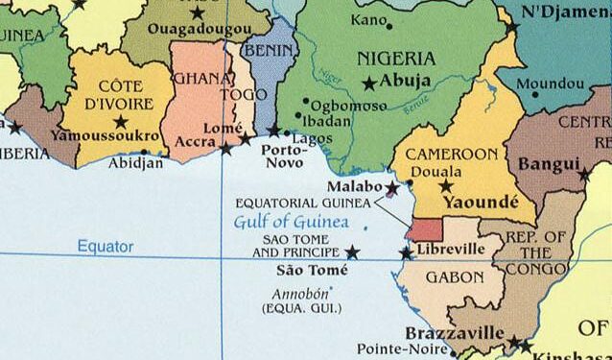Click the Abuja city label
tap(406, 82)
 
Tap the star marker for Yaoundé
tap(445, 185)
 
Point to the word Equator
tap(106, 247)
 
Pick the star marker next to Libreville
tap(406, 252)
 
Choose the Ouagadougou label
tap(198, 31)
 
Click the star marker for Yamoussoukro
tap(121, 121)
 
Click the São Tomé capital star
tap(352, 252)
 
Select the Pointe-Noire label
tap(395, 348)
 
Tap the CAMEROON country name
tap(452, 154)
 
